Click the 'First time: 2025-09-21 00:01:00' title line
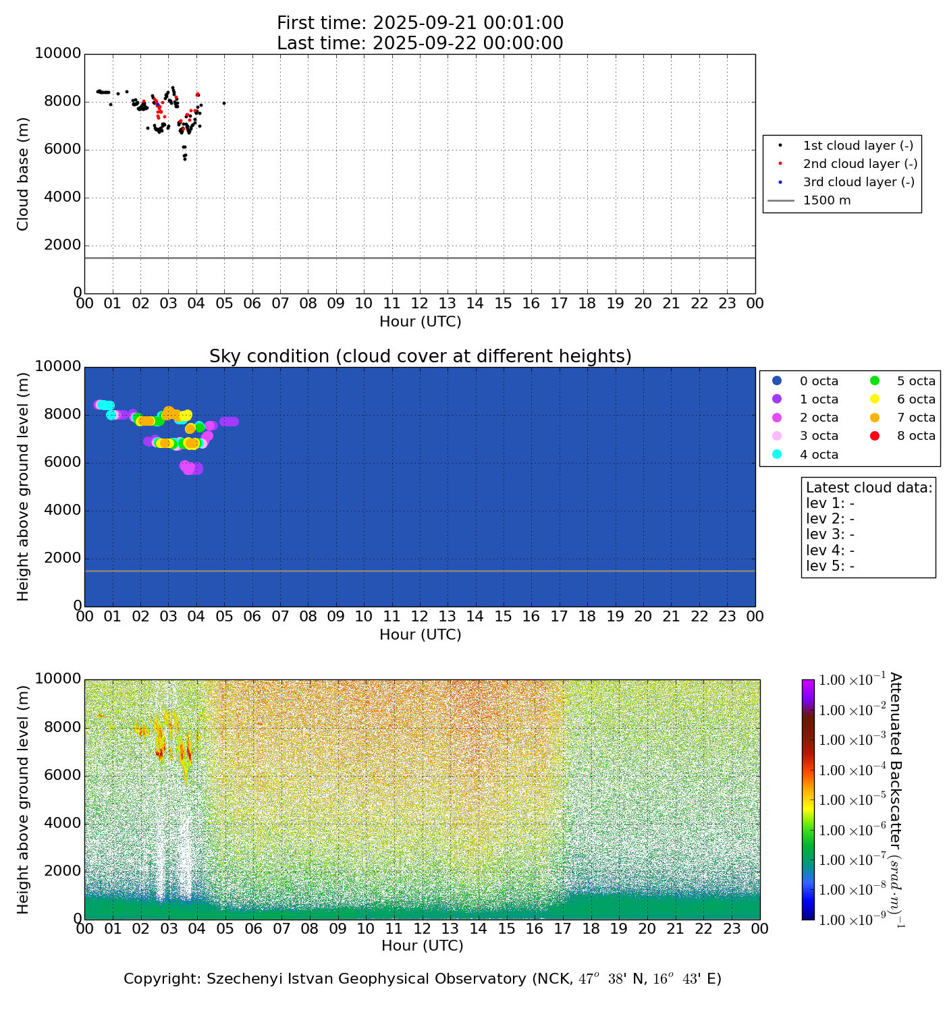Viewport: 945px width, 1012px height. (420, 23)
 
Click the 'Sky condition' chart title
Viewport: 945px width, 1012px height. (420, 356)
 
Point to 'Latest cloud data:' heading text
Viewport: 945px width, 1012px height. (869, 488)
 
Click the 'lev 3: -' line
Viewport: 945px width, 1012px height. (830, 534)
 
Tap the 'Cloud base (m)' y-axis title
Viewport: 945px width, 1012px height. (23, 173)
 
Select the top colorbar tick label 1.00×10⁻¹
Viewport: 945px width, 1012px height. (851, 680)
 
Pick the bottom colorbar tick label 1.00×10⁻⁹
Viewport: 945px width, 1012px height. (851, 920)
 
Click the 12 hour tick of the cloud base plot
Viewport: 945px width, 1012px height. (420, 304)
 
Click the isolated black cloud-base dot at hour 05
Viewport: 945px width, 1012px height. (224, 103)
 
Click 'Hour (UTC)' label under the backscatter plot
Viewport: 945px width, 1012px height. (423, 946)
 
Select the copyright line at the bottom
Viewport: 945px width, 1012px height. (423, 979)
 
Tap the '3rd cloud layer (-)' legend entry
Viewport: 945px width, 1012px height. (857, 182)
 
